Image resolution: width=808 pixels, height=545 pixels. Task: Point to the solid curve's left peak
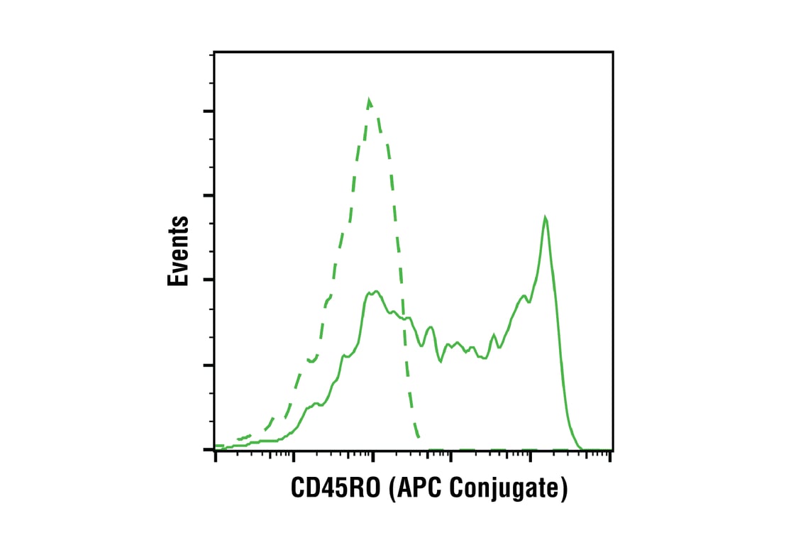pyautogui.click(x=375, y=291)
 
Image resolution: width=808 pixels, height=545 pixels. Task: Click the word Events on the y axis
pyautogui.click(x=178, y=251)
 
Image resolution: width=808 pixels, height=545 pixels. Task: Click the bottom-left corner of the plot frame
pyautogui.click(x=214, y=450)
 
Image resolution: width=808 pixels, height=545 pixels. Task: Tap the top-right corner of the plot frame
pyautogui.click(x=612, y=52)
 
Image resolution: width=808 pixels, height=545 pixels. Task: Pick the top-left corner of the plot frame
pyautogui.click(x=214, y=52)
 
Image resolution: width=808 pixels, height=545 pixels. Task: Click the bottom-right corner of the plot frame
pyautogui.click(x=612, y=450)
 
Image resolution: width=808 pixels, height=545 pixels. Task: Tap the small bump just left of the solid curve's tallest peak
pyautogui.click(x=524, y=296)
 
